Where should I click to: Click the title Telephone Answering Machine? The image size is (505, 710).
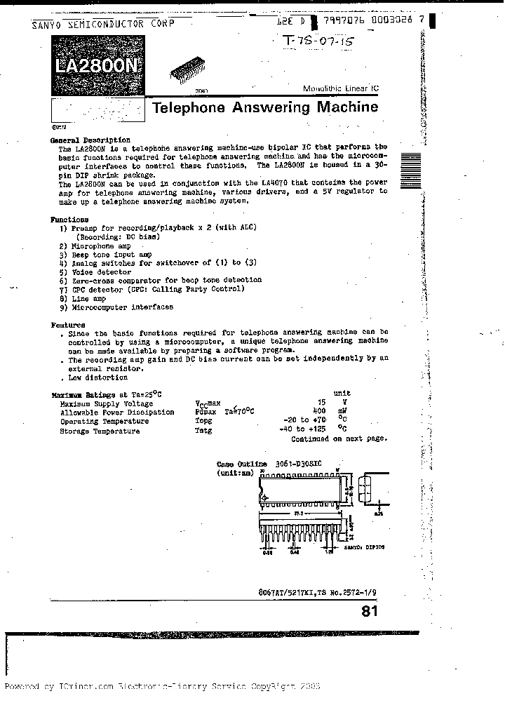coord(265,107)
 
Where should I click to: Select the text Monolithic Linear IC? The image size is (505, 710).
coord(340,88)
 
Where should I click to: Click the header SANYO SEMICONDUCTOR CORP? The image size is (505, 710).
coord(102,24)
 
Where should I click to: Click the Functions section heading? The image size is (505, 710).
coord(69,219)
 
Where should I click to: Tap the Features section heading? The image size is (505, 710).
coord(68,325)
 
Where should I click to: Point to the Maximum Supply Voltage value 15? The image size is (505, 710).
coord(321,403)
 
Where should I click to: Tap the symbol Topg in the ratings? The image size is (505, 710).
coord(203,421)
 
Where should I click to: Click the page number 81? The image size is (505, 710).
coord(369,611)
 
